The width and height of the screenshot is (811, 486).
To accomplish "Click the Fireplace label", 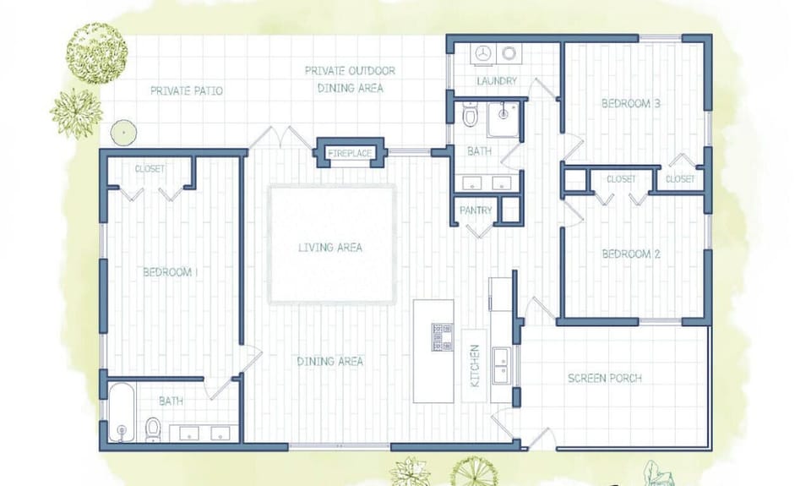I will (x=350, y=154).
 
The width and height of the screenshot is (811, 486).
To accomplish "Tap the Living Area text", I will (x=330, y=248).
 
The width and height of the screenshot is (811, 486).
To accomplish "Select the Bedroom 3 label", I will (x=630, y=104).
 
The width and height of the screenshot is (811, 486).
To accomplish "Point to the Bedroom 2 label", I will (x=630, y=254).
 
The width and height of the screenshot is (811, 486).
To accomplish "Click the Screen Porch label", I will (x=604, y=378).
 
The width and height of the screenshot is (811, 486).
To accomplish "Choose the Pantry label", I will (x=476, y=210).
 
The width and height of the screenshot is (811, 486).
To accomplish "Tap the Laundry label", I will (x=497, y=81).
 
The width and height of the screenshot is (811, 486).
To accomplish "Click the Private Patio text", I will (x=187, y=90).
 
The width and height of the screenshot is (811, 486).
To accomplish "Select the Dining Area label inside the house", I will (x=330, y=362).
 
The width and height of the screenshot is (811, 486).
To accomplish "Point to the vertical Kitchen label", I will (x=475, y=366).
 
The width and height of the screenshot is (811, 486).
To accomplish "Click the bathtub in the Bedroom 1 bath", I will (x=122, y=413).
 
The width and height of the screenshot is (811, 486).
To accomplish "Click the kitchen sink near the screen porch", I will (x=501, y=364).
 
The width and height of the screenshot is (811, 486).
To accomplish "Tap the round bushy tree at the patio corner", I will (x=96, y=52).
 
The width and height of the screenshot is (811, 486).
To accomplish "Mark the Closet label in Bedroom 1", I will (x=150, y=169).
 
